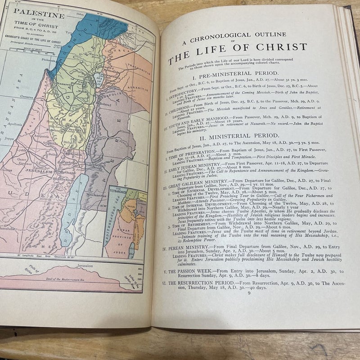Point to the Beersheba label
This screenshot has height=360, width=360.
8,228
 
